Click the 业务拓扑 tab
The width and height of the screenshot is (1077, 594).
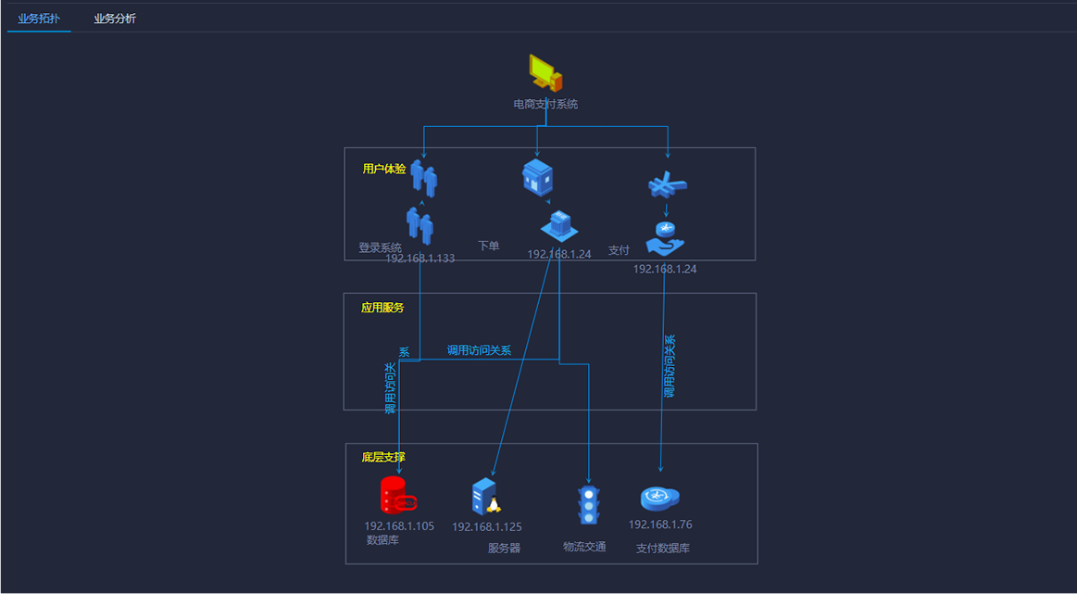tap(39, 19)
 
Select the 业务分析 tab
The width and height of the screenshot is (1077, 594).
tap(115, 19)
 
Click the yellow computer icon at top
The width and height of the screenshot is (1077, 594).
tap(545, 72)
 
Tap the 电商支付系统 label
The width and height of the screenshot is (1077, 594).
tap(545, 105)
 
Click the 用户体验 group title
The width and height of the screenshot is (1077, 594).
tap(384, 169)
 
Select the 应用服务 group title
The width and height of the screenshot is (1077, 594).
tap(382, 308)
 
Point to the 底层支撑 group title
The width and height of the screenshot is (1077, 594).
tap(383, 457)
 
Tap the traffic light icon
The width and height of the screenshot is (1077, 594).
tap(588, 505)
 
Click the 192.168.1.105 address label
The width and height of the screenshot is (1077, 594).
tap(399, 526)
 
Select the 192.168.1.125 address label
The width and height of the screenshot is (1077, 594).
tap(487, 527)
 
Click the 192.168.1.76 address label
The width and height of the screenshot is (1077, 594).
tap(660, 524)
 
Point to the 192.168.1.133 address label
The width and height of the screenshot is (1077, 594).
tap(420, 259)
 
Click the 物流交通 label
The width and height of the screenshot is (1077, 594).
tap(584, 547)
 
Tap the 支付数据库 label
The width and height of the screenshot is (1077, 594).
tap(663, 549)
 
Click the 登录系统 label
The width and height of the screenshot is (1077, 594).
tap(380, 247)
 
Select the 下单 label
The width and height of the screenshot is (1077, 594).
tap(488, 246)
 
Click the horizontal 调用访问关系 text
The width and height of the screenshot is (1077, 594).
tap(479, 350)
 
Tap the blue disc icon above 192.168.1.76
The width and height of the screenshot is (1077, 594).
tap(660, 499)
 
